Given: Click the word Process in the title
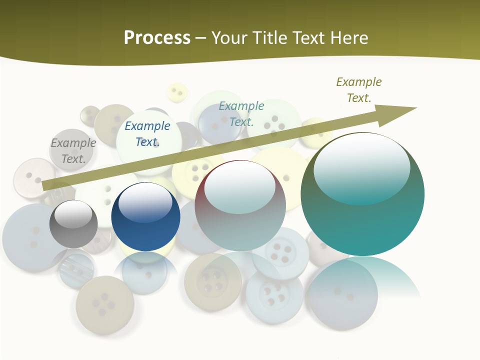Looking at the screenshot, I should pos(157,38).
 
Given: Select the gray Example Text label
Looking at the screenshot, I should pos(73,151).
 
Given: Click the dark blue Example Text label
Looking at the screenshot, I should pos(147,134).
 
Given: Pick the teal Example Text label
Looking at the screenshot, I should pos(241,113).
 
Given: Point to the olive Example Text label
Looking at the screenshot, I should pos(359,90).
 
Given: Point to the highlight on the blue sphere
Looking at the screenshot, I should pos(145,202).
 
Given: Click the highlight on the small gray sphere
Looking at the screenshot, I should pos(73,214).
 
